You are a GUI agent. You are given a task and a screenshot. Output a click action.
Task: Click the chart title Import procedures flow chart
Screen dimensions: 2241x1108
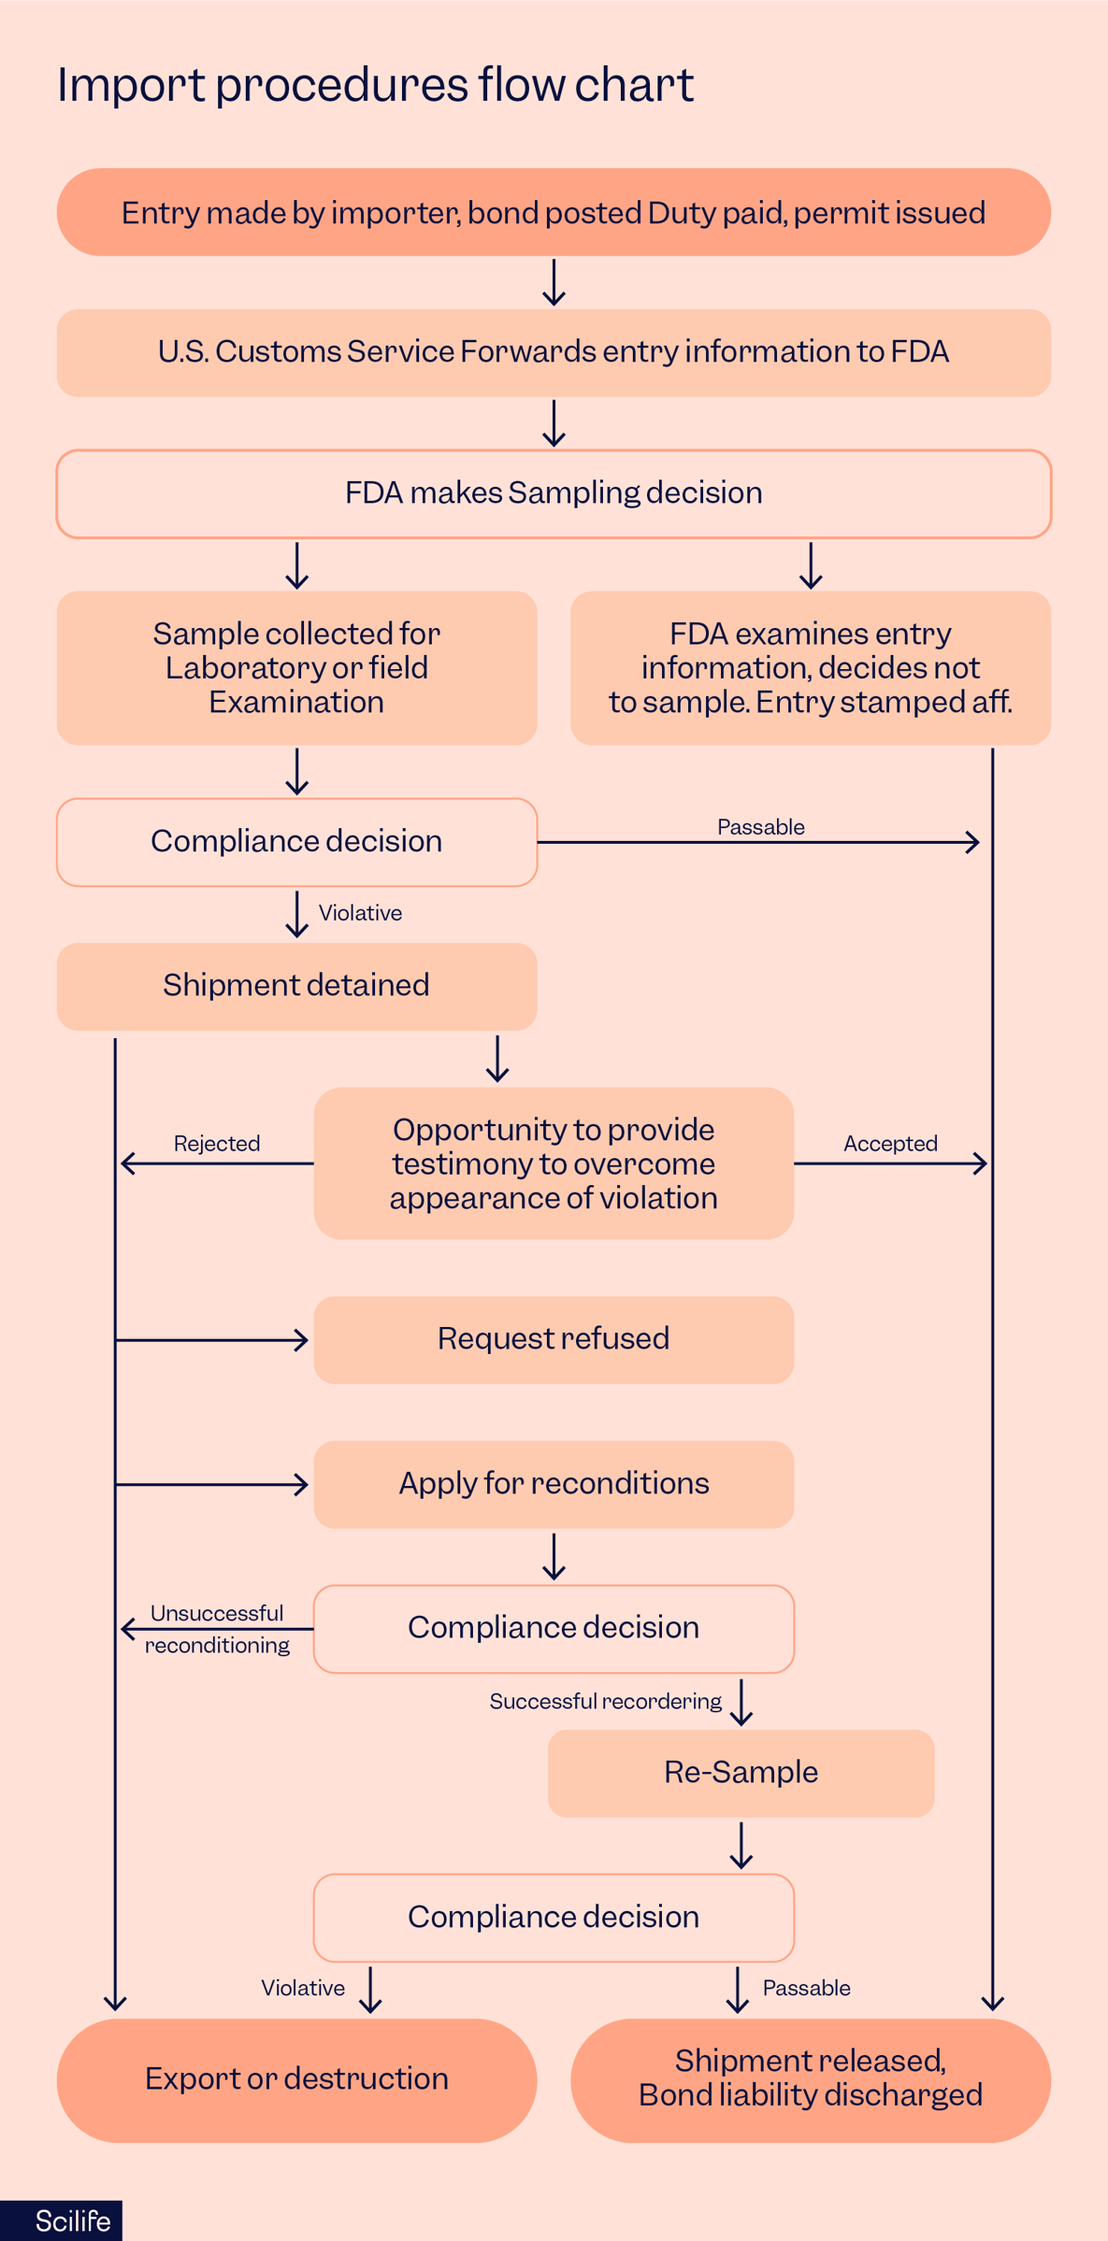[375, 85]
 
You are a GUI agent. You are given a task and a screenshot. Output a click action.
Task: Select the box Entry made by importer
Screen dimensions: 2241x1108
[554, 213]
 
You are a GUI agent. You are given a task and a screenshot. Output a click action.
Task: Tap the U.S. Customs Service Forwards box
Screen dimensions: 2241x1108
[554, 352]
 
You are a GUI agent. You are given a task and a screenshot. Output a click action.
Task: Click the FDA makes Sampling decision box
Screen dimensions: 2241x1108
[554, 493]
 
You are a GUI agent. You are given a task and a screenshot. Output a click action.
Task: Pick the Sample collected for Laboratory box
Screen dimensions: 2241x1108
[296, 667]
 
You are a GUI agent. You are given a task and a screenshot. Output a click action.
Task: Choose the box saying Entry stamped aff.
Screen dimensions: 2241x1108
[810, 667]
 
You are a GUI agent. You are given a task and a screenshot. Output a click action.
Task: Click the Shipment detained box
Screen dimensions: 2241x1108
[296, 986]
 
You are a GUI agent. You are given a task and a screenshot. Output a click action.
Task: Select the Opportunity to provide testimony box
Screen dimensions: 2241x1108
[554, 1163]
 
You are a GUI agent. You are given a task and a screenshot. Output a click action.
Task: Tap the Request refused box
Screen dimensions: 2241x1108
[554, 1339]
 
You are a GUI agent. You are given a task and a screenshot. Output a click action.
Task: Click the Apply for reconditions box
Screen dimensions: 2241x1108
[554, 1484]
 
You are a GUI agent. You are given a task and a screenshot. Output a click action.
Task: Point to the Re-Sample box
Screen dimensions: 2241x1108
[741, 1773]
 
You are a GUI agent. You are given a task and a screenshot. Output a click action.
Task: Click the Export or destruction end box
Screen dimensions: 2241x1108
[296, 2079]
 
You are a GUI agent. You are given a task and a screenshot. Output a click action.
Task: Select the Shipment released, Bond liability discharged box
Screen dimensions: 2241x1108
[810, 2079]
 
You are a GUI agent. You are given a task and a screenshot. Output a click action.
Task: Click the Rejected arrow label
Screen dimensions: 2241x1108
[217, 1144]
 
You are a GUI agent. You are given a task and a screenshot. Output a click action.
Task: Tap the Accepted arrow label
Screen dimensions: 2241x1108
[890, 1144]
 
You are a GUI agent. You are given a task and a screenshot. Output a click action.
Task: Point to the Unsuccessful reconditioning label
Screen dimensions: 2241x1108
[217, 1629]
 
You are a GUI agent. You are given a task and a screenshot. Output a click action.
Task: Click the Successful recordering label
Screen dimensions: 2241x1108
[605, 1702]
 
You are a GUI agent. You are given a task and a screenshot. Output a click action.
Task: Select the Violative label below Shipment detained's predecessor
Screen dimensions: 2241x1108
[360, 913]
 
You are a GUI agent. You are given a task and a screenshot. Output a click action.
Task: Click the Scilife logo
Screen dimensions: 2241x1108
[72, 2221]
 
